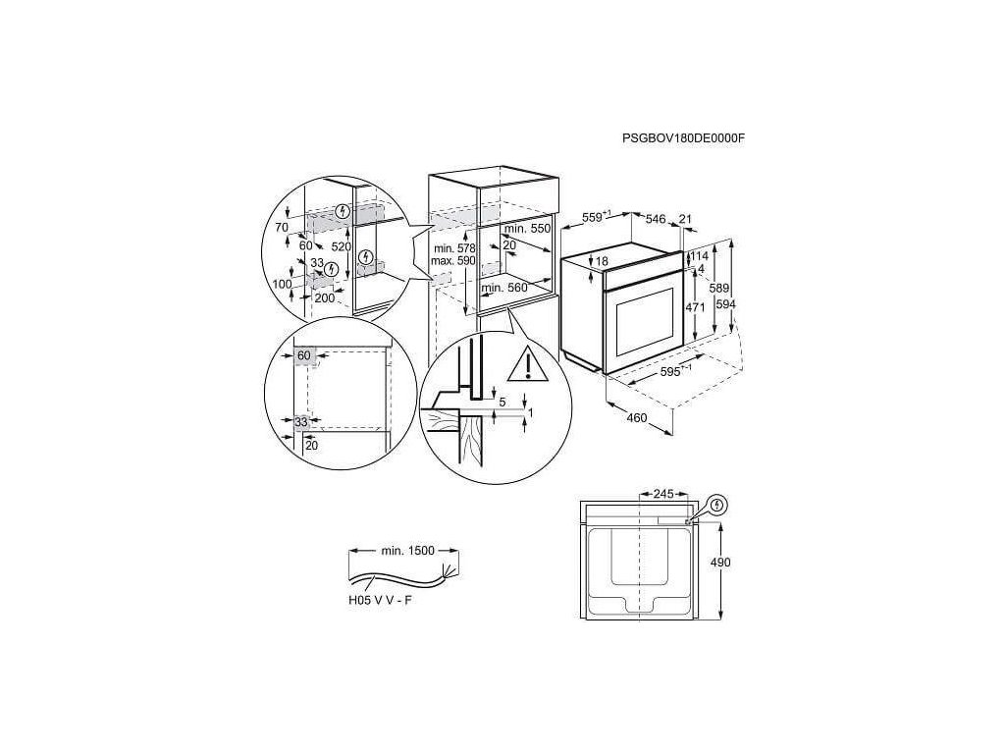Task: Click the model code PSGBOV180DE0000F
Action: click(x=683, y=139)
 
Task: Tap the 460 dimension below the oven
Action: click(x=636, y=419)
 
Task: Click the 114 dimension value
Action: click(x=699, y=256)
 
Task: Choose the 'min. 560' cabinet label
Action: click(x=506, y=288)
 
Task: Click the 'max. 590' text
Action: click(x=452, y=262)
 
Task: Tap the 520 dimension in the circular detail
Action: click(x=341, y=247)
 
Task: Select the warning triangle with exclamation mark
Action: click(x=528, y=364)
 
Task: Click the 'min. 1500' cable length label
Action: click(x=406, y=552)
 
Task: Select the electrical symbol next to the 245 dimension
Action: click(x=719, y=506)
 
